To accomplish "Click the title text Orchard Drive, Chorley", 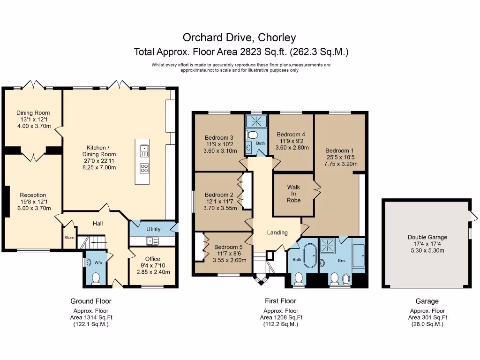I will pyautogui.click(x=240, y=37).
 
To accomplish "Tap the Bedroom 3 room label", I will pyautogui.click(x=219, y=138).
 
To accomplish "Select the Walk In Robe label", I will pyautogui.click(x=294, y=194).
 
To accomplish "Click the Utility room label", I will pyautogui.click(x=153, y=229).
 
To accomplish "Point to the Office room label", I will pyautogui.click(x=152, y=259).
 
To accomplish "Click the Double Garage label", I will pyautogui.click(x=427, y=237).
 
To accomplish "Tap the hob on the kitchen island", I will pyautogui.click(x=144, y=168).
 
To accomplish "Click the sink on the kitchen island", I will pyautogui.click(x=144, y=151).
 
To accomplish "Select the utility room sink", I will pyautogui.click(x=152, y=241).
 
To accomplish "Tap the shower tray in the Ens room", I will pyautogui.click(x=327, y=245).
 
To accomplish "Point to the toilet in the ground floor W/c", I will pyautogui.click(x=96, y=279).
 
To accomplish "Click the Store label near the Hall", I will pyautogui.click(x=69, y=238).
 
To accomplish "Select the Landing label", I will pyautogui.click(x=277, y=232).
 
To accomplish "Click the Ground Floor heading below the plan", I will pyautogui.click(x=91, y=301).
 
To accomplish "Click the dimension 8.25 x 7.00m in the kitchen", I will pyautogui.click(x=99, y=167).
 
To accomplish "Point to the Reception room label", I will pyautogui.click(x=33, y=195).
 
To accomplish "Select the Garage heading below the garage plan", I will pyautogui.click(x=427, y=301).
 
